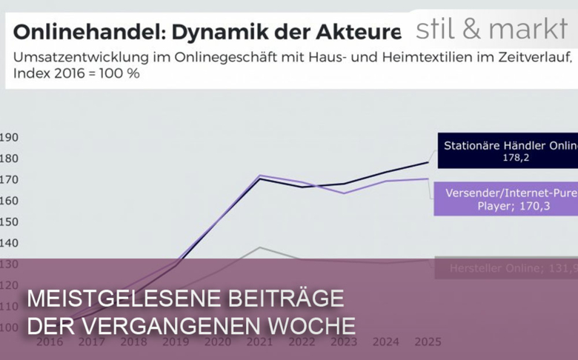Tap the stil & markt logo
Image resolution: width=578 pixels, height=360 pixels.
[x=491, y=30]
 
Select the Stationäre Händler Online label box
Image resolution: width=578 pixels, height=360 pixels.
[x=508, y=151]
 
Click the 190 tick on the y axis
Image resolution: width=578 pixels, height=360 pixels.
[x=10, y=138]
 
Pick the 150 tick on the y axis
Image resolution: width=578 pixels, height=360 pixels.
[x=10, y=222]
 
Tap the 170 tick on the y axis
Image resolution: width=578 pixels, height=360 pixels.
[x=10, y=180]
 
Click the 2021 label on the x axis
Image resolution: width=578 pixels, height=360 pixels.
[x=259, y=341]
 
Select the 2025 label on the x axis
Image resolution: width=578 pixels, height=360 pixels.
[x=428, y=341]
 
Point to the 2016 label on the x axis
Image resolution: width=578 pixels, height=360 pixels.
[x=50, y=341]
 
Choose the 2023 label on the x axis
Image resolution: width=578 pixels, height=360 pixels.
[x=343, y=341]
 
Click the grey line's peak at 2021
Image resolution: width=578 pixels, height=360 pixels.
[x=259, y=247]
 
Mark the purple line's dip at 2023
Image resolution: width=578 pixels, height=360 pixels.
[x=343, y=193]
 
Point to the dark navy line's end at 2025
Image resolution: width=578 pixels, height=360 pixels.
[x=428, y=162]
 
